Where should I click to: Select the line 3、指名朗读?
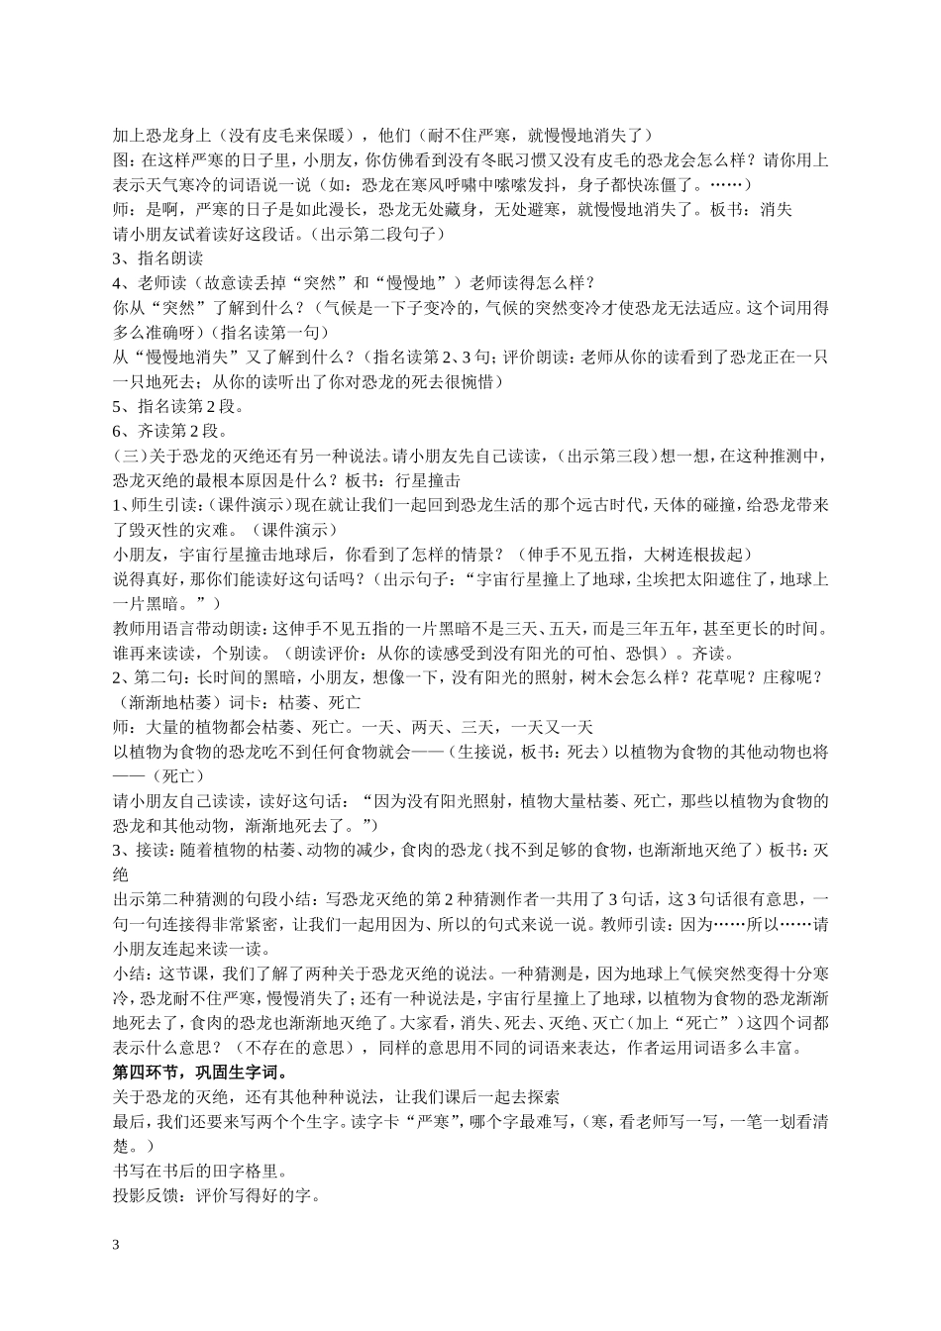(158, 257)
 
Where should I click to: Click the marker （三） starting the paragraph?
(131, 456)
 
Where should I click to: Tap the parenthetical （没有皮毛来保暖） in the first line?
(284, 135)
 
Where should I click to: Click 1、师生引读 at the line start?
(158, 505)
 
